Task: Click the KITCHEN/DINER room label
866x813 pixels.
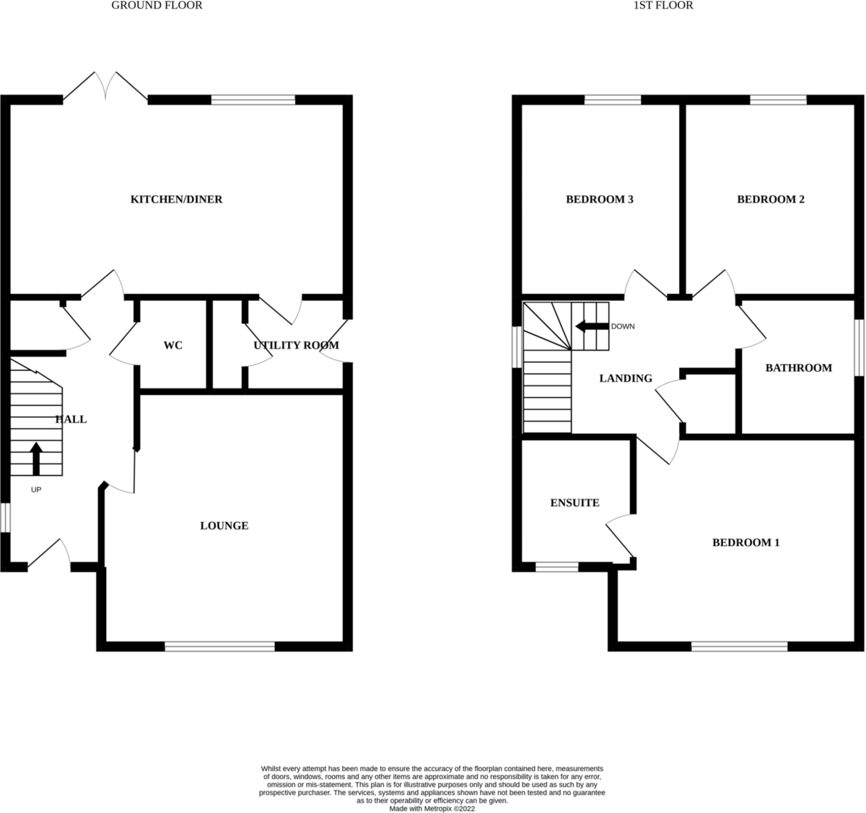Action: (x=175, y=199)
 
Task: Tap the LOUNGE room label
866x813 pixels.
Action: (x=224, y=526)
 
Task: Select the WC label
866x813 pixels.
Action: (x=173, y=346)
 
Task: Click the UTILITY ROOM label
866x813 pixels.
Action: (x=296, y=346)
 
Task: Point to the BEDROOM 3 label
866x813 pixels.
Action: (x=599, y=199)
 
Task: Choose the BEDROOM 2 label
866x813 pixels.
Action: (x=770, y=199)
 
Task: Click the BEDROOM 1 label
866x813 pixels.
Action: (x=745, y=543)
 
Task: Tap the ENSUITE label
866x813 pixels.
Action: (x=574, y=503)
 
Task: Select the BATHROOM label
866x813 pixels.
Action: (x=798, y=368)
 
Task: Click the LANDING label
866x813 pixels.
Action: (x=626, y=378)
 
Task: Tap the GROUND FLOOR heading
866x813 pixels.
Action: (x=157, y=6)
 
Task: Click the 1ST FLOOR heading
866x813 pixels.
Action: (x=662, y=6)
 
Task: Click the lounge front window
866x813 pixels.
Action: (x=219, y=646)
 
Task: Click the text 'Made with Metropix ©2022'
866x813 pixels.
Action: (x=432, y=809)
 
